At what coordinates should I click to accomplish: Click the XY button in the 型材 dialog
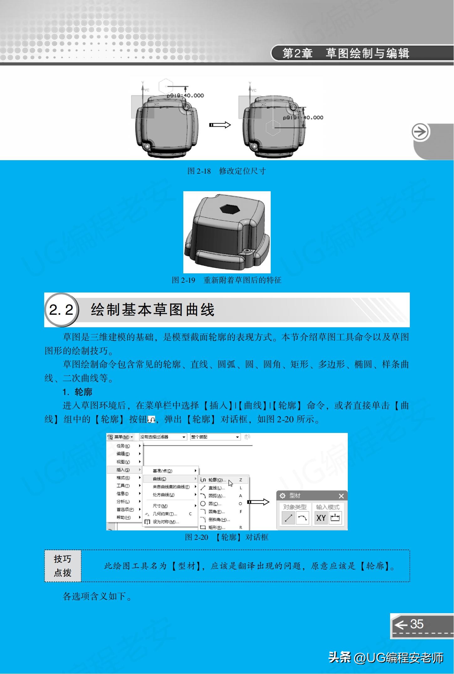pyautogui.click(x=321, y=518)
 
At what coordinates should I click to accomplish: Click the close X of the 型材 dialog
pyautogui.click(x=341, y=496)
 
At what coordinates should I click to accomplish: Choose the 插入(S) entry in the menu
pyautogui.click(x=123, y=470)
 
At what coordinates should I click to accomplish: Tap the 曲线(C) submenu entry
pyautogui.click(x=159, y=479)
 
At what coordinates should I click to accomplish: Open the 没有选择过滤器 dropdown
pyautogui.click(x=163, y=437)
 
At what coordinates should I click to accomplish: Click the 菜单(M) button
pyautogui.click(x=120, y=437)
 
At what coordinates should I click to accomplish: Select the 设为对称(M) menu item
pyautogui.click(x=165, y=522)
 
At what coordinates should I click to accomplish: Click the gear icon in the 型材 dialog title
pyautogui.click(x=282, y=496)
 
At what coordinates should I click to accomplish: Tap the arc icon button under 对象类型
pyautogui.click(x=302, y=518)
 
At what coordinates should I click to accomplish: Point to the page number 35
pyautogui.click(x=417, y=624)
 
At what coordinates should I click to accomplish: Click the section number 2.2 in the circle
pyautogui.click(x=61, y=310)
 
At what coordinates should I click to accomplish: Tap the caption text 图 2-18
pyautogui.click(x=199, y=171)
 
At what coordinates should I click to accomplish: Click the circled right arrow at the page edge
pyautogui.click(x=420, y=132)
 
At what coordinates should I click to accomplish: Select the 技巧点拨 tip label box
pyautogui.click(x=63, y=566)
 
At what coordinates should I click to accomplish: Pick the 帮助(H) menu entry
pyautogui.click(x=123, y=517)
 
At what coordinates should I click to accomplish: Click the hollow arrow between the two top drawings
pyautogui.click(x=220, y=125)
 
